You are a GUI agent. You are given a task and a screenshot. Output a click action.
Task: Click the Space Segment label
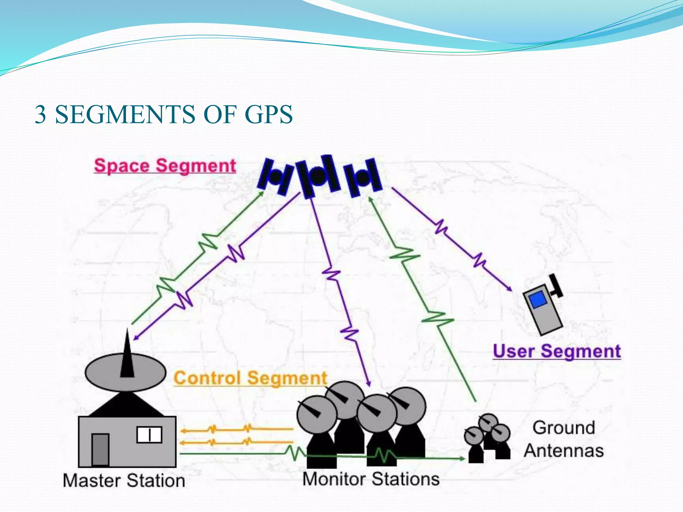point(165,166)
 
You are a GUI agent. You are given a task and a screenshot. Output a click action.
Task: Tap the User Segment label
point(557,351)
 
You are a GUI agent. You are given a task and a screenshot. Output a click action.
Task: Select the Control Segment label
point(250,378)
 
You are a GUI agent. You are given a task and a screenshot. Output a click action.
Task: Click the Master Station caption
point(124,481)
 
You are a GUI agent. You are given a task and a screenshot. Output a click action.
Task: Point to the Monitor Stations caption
point(371,479)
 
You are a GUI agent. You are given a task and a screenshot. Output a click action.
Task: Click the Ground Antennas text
point(564,439)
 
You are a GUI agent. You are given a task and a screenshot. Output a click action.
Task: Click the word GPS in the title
point(268,114)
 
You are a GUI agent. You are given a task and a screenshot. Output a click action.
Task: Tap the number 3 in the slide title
point(40,114)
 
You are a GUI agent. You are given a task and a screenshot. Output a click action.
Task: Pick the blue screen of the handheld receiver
point(538,299)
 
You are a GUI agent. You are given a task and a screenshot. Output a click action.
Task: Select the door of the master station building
point(100,449)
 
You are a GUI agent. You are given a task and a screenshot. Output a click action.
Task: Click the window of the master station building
point(149,435)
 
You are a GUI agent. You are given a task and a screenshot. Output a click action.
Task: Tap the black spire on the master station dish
point(127,355)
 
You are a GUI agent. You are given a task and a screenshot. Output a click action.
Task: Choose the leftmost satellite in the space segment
point(275,177)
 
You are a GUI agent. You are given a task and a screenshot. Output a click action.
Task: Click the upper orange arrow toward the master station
point(237,429)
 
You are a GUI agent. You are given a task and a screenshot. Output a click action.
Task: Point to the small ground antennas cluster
point(488,437)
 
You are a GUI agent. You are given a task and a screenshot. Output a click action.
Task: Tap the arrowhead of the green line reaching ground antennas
point(462,459)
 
